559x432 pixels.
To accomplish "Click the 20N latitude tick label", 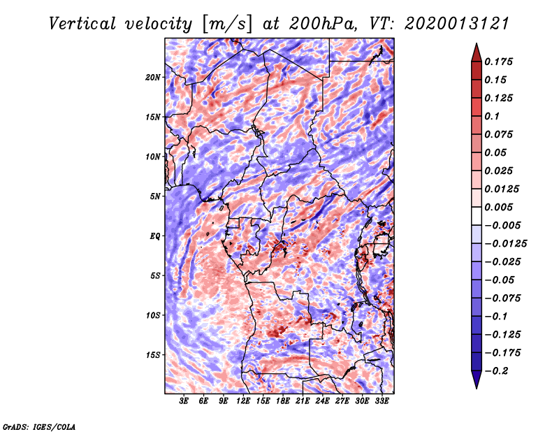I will click(x=153, y=77).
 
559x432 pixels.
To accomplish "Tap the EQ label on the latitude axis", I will click(x=155, y=236).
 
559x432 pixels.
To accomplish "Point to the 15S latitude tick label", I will click(x=153, y=354).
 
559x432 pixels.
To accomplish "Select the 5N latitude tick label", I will click(x=155, y=196).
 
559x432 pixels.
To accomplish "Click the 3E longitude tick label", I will click(x=184, y=402).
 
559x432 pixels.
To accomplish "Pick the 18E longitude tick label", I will click(x=283, y=402).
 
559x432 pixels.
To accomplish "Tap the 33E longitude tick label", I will click(x=382, y=402).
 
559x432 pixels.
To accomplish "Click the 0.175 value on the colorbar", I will click(x=500, y=62).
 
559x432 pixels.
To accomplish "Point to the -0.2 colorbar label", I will click(x=498, y=371).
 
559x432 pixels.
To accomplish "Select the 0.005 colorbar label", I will click(x=500, y=207).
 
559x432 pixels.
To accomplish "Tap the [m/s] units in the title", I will click(x=226, y=23).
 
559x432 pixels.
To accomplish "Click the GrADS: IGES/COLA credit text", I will click(x=39, y=426).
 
